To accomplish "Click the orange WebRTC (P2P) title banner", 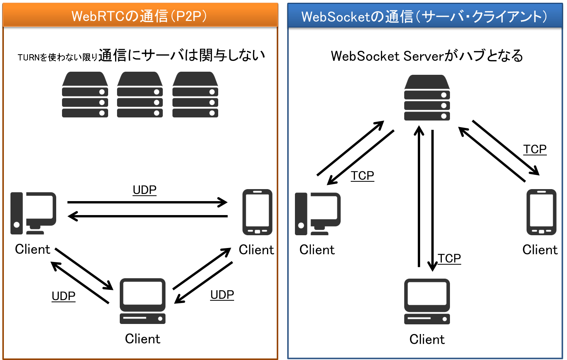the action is point(140,15).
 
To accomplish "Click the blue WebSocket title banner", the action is point(425,16).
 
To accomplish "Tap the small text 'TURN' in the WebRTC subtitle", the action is point(29,57).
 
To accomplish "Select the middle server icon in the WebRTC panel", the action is point(140,95).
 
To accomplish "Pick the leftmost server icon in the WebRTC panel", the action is point(85,95).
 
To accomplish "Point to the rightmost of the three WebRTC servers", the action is point(195,95).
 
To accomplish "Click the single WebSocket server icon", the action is point(427,98).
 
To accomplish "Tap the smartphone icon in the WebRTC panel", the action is point(257,212).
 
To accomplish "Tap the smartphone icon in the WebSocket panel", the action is point(541,212).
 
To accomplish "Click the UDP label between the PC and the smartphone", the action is point(145,190).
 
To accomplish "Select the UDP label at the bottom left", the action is point(64,296).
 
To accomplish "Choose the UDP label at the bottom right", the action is point(222,295).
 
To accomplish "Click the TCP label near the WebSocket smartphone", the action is point(535,149).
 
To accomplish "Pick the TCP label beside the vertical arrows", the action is point(449,258).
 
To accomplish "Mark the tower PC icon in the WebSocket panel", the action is point(318,214).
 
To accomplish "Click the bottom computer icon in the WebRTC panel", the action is point(143,301).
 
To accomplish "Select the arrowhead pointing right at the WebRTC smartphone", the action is point(223,202).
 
